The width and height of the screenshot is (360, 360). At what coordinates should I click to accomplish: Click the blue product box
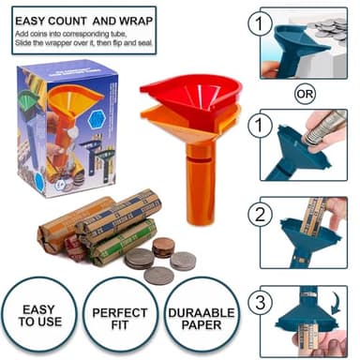(x=64, y=127)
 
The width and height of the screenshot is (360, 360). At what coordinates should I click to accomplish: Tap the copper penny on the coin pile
(x=163, y=247)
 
